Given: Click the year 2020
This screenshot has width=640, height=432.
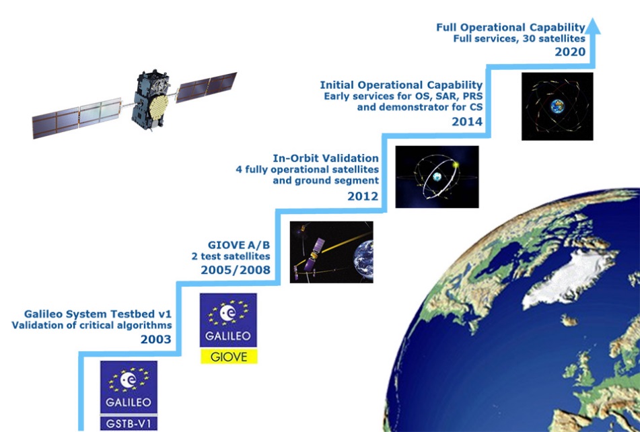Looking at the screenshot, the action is pyautogui.click(x=570, y=52).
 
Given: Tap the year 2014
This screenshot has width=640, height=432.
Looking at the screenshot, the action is pyautogui.click(x=467, y=122).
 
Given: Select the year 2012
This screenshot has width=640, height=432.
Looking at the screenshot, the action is pyautogui.click(x=363, y=196).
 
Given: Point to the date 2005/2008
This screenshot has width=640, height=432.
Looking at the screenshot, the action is pyautogui.click(x=236, y=270).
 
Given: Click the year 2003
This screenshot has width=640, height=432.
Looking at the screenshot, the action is pyautogui.click(x=156, y=339).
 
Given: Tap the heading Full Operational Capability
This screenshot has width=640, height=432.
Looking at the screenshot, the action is pyautogui.click(x=511, y=28).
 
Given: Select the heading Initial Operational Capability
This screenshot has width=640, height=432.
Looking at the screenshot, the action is pyautogui.click(x=401, y=85).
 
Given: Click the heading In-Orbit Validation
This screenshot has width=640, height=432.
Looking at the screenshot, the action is pyautogui.click(x=326, y=158).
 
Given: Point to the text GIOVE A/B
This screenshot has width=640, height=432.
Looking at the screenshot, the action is pyautogui.click(x=239, y=245).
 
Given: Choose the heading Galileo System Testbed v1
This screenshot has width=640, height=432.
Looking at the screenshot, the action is pyautogui.click(x=98, y=314).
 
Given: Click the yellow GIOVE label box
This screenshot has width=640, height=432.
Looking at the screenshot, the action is pyautogui.click(x=229, y=356).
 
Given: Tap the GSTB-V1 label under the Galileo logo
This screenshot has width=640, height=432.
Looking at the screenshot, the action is pyautogui.click(x=129, y=423).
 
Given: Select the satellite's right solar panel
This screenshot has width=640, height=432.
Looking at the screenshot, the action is pyautogui.click(x=207, y=87).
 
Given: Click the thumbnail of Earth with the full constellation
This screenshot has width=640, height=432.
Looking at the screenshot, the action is pyautogui.click(x=557, y=106).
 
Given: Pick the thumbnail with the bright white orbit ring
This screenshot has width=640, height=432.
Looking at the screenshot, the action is pyautogui.click(x=437, y=176).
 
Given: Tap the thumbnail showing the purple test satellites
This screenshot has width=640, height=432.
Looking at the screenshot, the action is pyautogui.click(x=331, y=252).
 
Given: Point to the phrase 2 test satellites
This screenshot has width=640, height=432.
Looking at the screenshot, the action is pyautogui.click(x=231, y=256).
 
